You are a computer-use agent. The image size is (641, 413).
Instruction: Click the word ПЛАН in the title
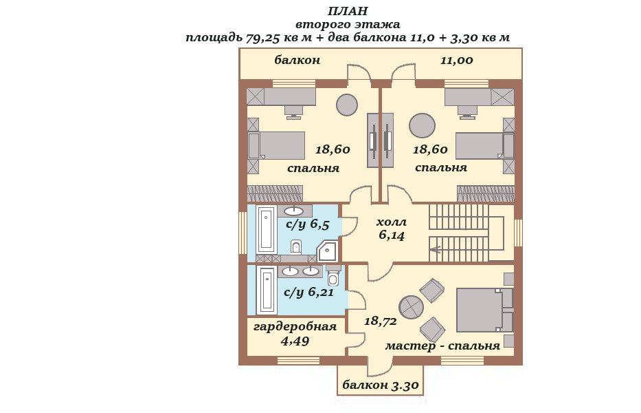tap(348, 11)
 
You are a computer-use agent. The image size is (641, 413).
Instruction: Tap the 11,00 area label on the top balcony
tap(457, 61)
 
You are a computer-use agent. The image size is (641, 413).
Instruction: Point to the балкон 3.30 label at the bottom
tap(380, 385)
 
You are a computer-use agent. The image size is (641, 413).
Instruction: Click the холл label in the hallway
tap(391, 222)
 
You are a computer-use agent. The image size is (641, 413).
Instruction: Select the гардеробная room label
tap(295, 327)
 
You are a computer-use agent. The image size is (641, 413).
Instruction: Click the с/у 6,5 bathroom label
tap(307, 224)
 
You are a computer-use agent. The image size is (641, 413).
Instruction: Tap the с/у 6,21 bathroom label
tap(308, 292)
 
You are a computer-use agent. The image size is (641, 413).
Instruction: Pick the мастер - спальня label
tap(442, 346)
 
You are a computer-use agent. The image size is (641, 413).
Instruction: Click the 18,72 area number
tap(380, 321)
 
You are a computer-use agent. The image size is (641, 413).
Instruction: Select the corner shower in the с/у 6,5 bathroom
tap(328, 251)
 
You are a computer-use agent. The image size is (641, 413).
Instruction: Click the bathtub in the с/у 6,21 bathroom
tap(267, 290)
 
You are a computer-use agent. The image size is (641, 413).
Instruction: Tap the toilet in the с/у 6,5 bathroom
tap(296, 246)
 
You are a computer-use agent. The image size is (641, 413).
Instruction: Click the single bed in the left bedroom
tap(276, 145)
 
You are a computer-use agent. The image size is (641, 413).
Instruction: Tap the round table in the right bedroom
tap(423, 126)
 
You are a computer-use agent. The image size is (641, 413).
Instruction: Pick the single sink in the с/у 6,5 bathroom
tap(294, 211)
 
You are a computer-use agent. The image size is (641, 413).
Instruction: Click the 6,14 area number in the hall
tap(391, 235)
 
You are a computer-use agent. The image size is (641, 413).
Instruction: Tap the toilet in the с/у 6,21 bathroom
tap(334, 276)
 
